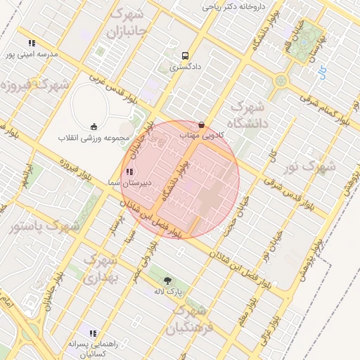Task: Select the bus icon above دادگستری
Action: tap(185, 56)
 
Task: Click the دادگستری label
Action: tap(185, 68)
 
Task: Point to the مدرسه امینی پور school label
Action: tap(31, 53)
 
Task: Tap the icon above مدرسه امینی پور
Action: tap(32, 42)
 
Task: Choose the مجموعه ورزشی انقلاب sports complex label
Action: tap(93, 137)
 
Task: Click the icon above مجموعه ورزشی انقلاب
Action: tap(93, 127)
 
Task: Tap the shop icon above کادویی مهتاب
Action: tap(202, 124)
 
